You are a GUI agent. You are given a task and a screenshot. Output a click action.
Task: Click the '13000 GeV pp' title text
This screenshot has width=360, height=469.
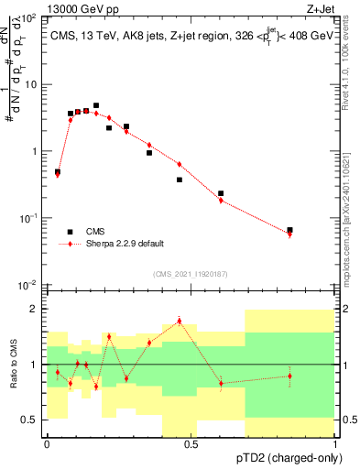point(79,7)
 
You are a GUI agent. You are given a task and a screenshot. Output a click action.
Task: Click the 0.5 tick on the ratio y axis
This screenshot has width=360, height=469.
point(29,420)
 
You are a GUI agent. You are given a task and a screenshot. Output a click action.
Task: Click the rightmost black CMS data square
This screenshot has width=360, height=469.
point(289,230)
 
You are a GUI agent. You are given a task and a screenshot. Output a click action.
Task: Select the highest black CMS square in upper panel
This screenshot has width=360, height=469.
point(96,105)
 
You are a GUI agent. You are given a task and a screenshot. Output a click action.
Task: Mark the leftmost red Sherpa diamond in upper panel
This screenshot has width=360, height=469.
point(58,174)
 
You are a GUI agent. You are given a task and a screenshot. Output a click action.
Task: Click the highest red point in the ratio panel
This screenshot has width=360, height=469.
point(180,321)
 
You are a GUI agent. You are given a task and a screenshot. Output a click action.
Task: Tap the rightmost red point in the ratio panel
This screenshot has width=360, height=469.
point(289,376)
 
